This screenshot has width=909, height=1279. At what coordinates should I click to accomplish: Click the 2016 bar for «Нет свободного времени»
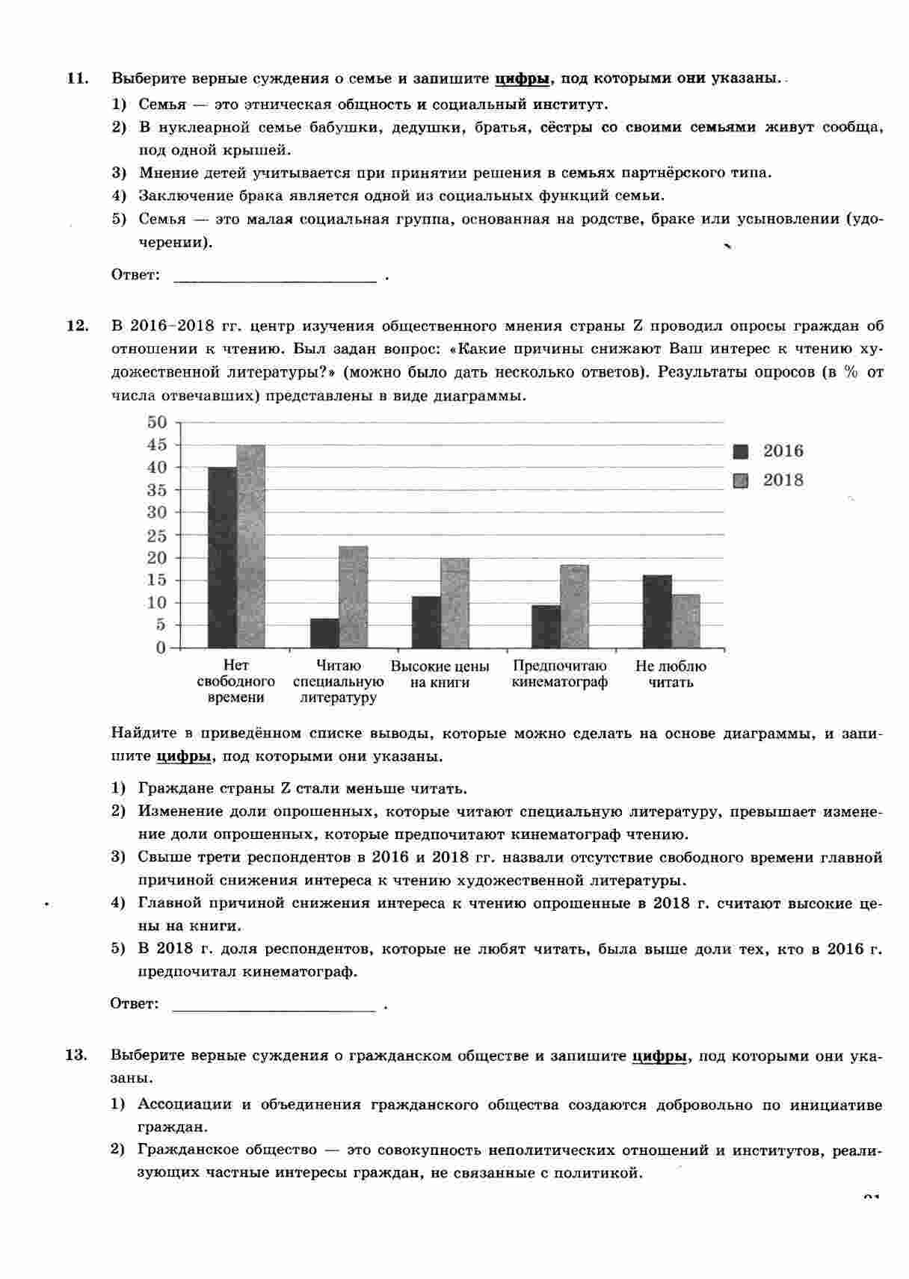(222, 557)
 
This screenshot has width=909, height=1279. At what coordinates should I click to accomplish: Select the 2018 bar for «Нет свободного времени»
(250, 546)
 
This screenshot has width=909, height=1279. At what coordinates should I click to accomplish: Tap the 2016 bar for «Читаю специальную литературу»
(324, 633)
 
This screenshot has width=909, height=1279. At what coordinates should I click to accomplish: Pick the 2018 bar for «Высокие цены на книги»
(454, 603)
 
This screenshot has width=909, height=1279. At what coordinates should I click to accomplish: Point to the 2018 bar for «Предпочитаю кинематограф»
(574, 606)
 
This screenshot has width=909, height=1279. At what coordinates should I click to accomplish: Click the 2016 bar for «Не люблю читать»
(657, 611)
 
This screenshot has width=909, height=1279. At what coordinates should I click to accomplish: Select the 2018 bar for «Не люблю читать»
(686, 621)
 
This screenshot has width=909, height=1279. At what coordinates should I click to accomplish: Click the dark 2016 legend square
(741, 451)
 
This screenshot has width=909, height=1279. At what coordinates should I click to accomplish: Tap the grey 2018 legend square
(741, 480)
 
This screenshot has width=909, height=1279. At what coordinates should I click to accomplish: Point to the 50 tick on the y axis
(157, 422)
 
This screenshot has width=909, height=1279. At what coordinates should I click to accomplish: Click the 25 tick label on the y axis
(157, 536)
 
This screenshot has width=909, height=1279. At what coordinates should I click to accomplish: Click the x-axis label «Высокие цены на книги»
(440, 674)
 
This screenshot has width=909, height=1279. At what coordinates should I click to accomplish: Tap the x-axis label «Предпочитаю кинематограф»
(560, 674)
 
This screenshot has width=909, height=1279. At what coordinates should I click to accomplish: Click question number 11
(78, 78)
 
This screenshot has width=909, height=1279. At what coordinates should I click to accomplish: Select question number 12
(78, 326)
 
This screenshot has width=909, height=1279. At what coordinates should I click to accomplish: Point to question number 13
(77, 1056)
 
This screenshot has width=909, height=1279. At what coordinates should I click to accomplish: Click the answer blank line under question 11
(274, 281)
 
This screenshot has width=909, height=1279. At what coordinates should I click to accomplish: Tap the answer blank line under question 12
(274, 1009)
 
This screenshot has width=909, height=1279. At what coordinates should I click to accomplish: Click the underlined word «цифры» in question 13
(659, 1056)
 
